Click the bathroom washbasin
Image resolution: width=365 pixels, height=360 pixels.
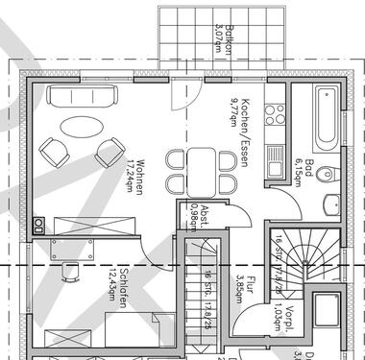(331, 203)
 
